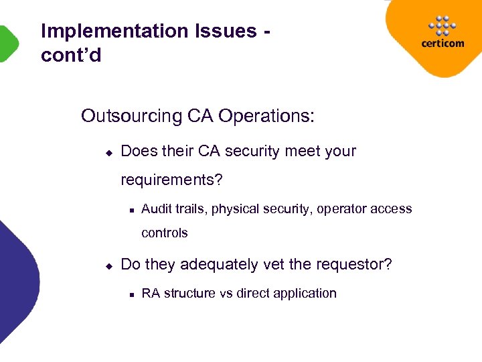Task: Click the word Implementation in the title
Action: [x=114, y=32]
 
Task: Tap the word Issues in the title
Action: [x=226, y=32]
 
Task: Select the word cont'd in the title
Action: [x=71, y=55]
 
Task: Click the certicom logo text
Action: [x=443, y=44]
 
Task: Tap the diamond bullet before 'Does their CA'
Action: [x=108, y=152]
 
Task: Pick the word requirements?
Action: [x=172, y=180]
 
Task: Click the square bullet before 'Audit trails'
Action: [x=131, y=210]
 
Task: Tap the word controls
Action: [x=165, y=233]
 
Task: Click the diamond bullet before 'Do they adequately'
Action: [x=108, y=265]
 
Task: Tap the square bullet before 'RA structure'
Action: [x=131, y=294]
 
